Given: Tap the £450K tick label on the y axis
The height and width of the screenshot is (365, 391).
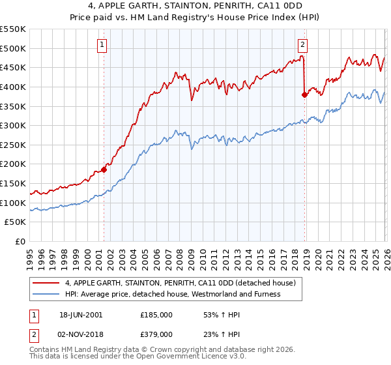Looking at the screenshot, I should pyautogui.click(x=13, y=68).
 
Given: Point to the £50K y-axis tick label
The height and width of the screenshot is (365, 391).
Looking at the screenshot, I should pyautogui.click(x=16, y=222).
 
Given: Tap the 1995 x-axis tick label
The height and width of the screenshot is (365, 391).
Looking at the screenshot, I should pyautogui.click(x=29, y=255).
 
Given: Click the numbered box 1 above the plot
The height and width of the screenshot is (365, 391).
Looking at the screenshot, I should pyautogui.click(x=103, y=45).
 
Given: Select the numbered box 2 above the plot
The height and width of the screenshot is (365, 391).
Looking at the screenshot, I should pyautogui.click(x=303, y=45).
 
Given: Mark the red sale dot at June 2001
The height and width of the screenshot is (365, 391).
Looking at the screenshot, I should pyautogui.click(x=104, y=170).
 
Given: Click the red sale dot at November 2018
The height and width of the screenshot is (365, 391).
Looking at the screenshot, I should pyautogui.click(x=304, y=95).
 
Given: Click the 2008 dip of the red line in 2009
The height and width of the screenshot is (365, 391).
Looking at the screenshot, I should pyautogui.click(x=192, y=100).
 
